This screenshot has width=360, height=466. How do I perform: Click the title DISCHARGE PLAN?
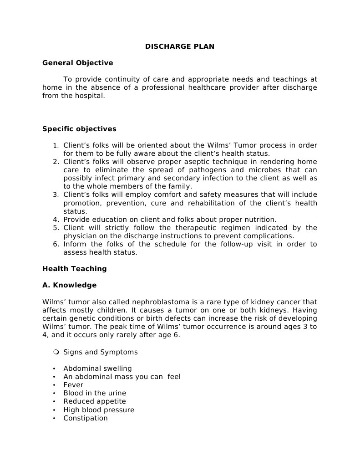pyautogui.click(x=179, y=46)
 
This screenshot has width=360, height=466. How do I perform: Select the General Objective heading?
pyautogui.click(x=77, y=63)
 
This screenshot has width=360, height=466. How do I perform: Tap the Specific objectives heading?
pyautogui.click(x=79, y=129)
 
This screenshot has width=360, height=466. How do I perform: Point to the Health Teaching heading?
pyautogui.click(x=74, y=269)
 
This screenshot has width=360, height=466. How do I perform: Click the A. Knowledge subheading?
pyautogui.click(x=69, y=285)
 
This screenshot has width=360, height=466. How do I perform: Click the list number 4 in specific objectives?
pyautogui.click(x=56, y=220)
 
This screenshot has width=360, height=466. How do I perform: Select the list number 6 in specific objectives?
pyautogui.click(x=56, y=244)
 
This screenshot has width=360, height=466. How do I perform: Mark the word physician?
pyautogui.click(x=81, y=236)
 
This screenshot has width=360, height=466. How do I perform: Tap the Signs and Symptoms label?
pyautogui.click(x=100, y=352)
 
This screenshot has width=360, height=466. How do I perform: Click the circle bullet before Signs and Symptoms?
pyautogui.click(x=56, y=352)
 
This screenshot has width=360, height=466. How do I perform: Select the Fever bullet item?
pyautogui.click(x=73, y=385)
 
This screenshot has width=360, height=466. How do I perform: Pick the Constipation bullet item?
pyautogui.click(x=86, y=418)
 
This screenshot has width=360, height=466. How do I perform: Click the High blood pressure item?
pyautogui.click(x=99, y=410)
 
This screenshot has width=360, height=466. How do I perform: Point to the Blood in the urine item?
pyautogui.click(x=95, y=393)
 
